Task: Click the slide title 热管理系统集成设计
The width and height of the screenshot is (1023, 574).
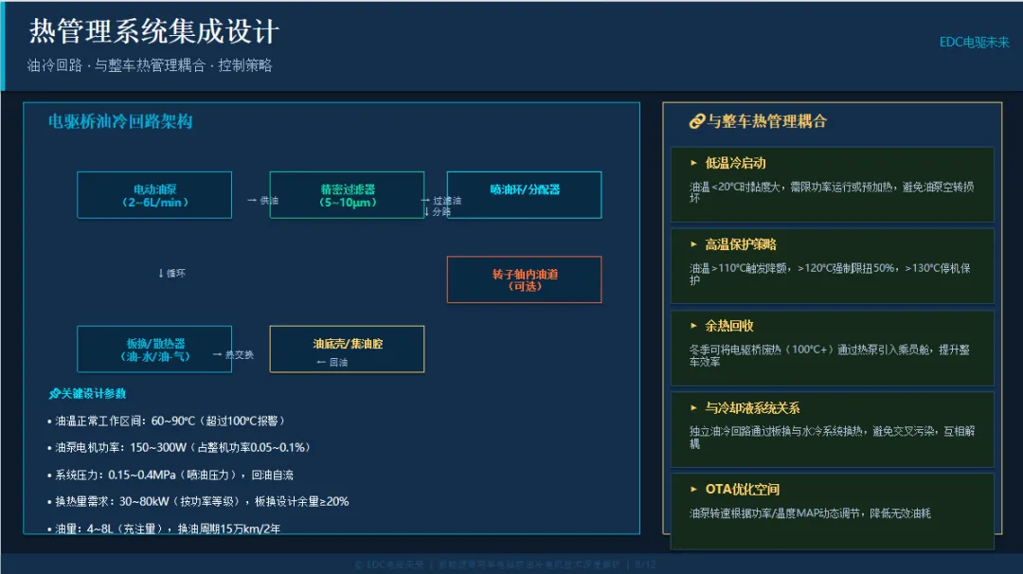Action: pos(154,31)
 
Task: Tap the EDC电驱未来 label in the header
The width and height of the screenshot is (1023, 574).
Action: pos(974,43)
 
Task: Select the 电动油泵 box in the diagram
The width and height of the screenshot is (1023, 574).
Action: pos(154,195)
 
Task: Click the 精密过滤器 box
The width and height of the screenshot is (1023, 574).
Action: pos(347,195)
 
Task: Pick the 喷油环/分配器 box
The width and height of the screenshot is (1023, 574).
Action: pos(524,189)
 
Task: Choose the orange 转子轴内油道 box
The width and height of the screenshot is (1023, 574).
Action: pos(524,279)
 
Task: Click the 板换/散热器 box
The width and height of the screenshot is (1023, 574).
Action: pos(154,350)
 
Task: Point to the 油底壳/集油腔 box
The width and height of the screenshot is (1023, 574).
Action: pos(347,350)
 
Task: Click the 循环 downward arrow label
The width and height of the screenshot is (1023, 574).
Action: pos(171,274)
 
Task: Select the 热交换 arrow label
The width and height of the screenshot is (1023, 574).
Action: pos(234,354)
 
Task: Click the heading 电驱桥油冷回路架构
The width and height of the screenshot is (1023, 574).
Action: pos(120,122)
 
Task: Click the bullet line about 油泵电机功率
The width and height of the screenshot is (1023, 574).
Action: pos(179,447)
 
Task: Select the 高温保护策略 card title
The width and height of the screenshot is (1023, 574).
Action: pos(740,244)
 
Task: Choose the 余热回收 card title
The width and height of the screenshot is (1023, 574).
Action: pos(728,326)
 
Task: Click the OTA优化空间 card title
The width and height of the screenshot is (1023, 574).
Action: pos(742,490)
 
